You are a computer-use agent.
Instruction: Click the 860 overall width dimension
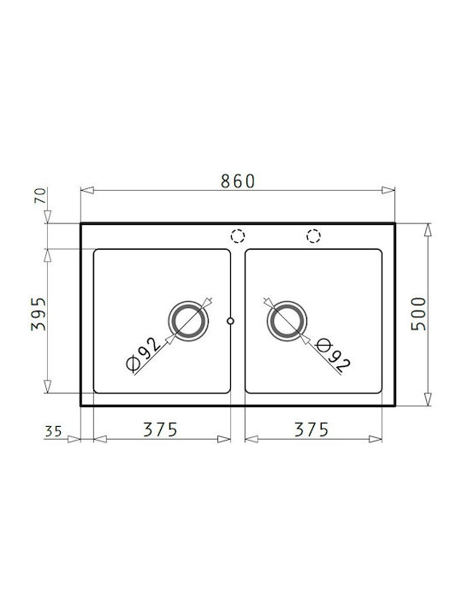[238, 181]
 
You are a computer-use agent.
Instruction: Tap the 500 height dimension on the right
[418, 314]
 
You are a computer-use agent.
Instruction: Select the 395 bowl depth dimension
[38, 314]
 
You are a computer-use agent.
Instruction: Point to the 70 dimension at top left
[40, 195]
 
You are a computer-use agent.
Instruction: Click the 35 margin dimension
[53, 431]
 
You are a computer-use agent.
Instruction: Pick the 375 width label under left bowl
[160, 429]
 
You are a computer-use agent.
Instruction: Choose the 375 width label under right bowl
[311, 429]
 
